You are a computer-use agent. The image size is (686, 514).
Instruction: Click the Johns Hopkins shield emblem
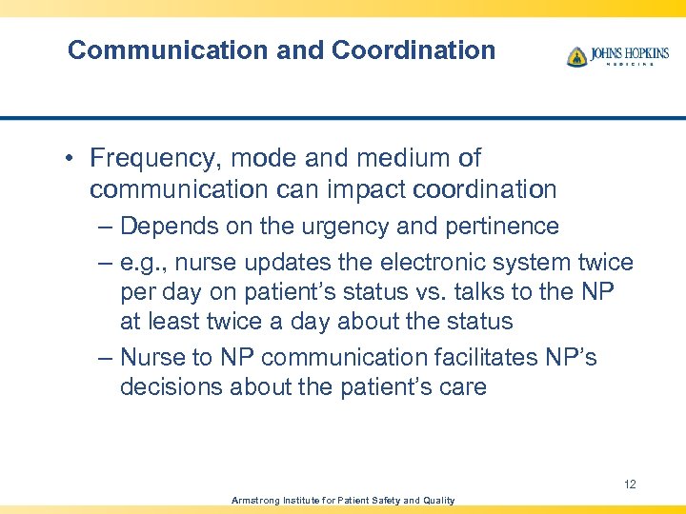(576, 56)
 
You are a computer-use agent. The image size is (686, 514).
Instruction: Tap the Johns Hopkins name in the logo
(630, 53)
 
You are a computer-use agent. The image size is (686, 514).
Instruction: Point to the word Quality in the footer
(434, 501)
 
